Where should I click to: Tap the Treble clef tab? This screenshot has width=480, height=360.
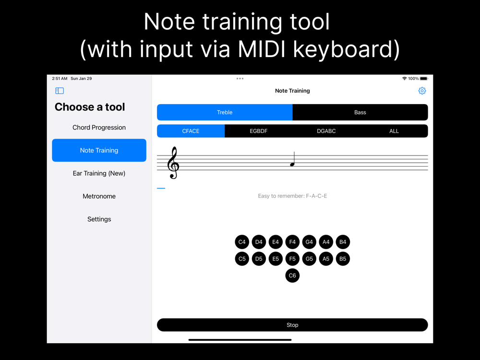pos(225,112)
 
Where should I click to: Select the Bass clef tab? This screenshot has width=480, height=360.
pos(360,112)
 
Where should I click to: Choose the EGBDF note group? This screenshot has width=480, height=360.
pos(258,131)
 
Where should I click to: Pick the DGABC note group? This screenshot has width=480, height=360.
pos(326,131)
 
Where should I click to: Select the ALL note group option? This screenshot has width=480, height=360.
pos(394,131)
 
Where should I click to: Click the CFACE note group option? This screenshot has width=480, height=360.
pos(191,131)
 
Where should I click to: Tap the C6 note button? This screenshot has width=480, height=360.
pos(292,276)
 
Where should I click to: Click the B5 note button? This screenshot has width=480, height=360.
pos(343,259)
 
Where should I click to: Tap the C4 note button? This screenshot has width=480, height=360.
pos(242,242)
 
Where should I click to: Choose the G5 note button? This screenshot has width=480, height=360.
pos(309,259)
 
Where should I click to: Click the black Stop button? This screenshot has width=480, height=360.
pos(292,325)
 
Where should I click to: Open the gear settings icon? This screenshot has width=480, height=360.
pos(422,91)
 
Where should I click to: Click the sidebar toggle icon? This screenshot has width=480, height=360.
pos(60,91)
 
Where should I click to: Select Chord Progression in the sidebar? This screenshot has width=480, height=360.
pos(99,127)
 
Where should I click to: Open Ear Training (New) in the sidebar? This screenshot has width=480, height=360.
pos(99,173)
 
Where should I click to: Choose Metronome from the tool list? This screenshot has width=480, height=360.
pos(99,196)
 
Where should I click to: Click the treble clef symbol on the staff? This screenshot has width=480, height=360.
pos(173,163)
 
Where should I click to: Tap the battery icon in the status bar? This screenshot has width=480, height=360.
pos(424,79)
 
